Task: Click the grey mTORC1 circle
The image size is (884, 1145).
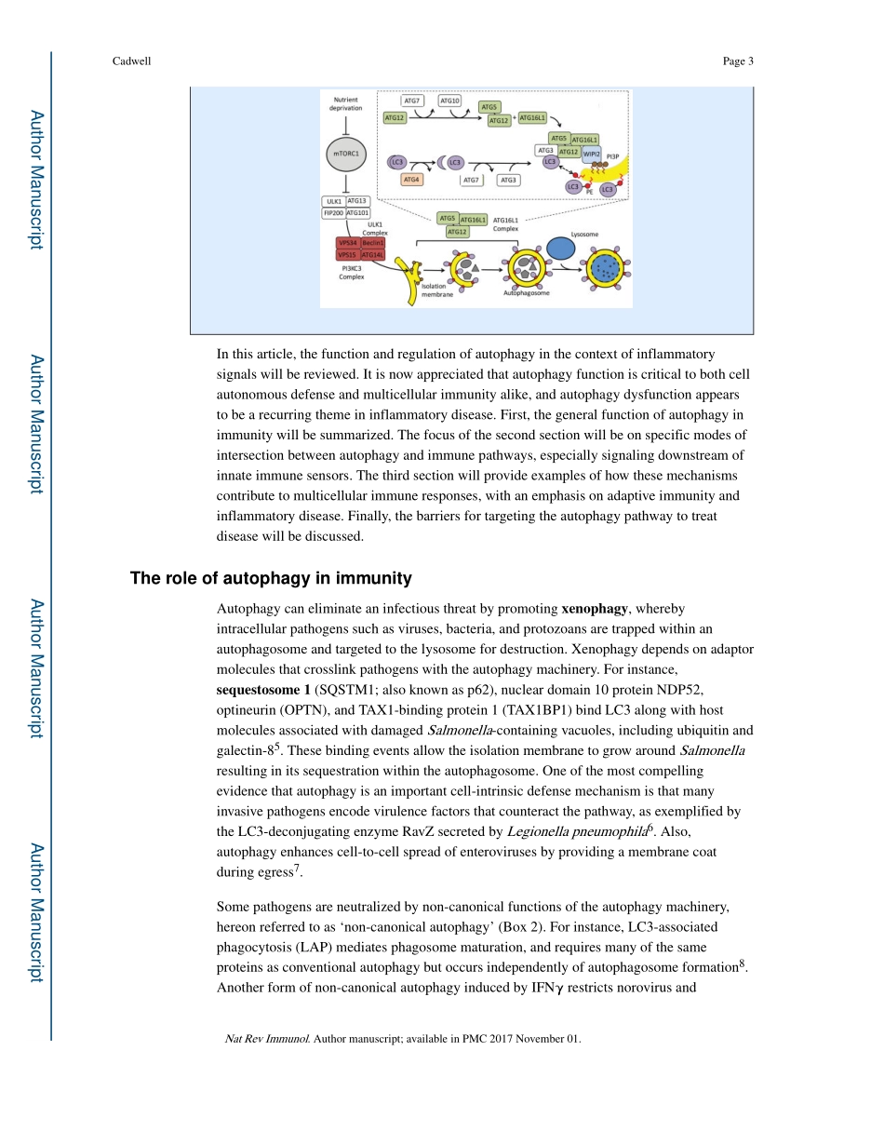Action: point(346,153)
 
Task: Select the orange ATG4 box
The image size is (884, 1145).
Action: point(410,180)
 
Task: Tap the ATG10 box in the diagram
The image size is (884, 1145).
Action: point(449,101)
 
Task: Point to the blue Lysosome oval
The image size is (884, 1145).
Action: point(560,248)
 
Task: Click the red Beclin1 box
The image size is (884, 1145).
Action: point(372,243)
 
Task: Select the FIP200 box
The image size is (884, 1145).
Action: point(333,212)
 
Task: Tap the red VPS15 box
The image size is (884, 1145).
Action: point(347,254)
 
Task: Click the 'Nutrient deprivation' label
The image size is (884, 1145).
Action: point(346,102)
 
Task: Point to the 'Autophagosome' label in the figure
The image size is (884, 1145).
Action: point(527,292)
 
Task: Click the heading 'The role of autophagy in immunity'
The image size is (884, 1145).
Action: point(271,579)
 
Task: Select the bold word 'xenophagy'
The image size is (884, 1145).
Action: point(596,609)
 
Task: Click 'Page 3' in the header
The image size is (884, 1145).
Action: point(738,62)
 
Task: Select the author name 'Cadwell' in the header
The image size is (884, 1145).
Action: point(130,62)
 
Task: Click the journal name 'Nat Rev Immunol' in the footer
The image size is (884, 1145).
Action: point(268,1039)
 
